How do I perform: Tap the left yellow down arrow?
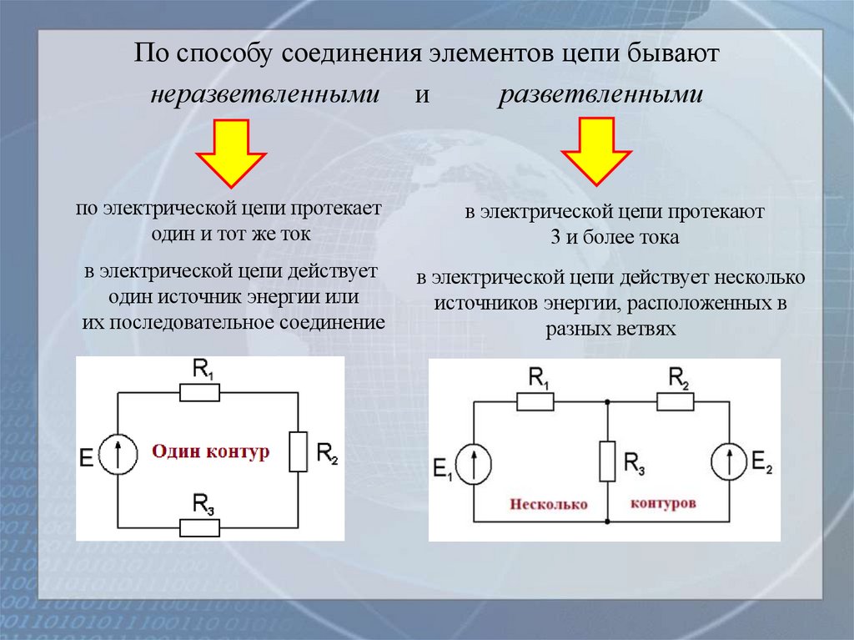(231, 152)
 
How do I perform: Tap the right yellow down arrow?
(595, 152)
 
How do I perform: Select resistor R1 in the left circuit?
(200, 393)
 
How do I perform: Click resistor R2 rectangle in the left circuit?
(298, 451)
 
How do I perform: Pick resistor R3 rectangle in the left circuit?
(200, 527)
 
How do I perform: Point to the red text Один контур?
(211, 451)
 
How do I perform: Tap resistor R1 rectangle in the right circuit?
(535, 402)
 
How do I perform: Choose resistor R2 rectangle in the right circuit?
(676, 402)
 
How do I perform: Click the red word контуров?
(664, 504)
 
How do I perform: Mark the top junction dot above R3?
(608, 402)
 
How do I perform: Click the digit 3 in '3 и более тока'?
(555, 237)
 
